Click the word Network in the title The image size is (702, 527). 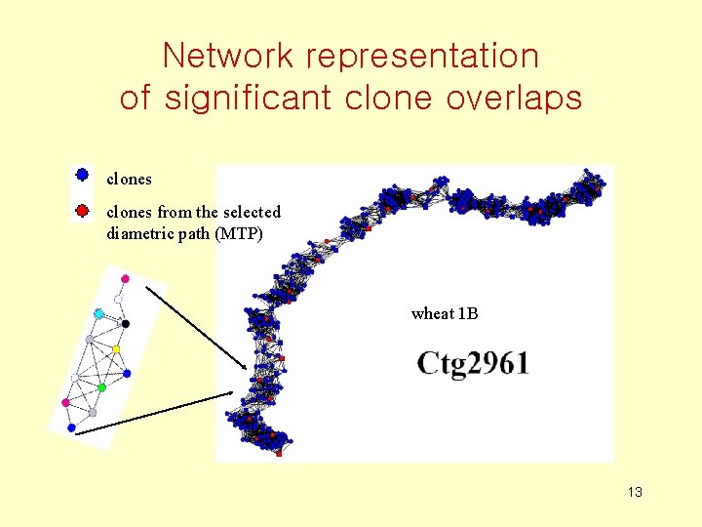click(x=228, y=56)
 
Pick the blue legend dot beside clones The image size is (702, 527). click(x=83, y=176)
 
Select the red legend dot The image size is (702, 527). click(x=83, y=209)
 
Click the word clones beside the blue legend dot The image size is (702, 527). click(x=129, y=180)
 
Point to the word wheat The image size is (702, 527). click(x=432, y=313)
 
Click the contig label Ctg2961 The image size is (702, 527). click(x=473, y=364)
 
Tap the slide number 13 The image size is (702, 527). click(x=635, y=492)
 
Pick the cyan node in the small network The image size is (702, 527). click(x=98, y=313)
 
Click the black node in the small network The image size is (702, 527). click(x=126, y=323)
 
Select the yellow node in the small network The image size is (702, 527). click(x=116, y=348)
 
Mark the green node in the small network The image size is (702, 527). click(x=101, y=387)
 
